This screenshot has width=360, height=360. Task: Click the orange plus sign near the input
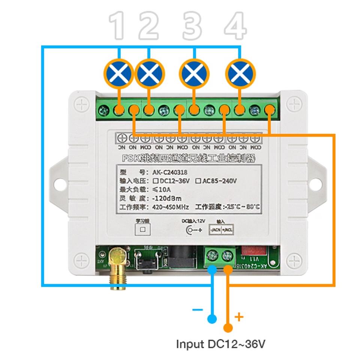[x=239, y=317]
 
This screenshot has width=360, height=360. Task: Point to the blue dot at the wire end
[x=212, y=319]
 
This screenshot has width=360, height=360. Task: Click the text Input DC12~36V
[x=220, y=344]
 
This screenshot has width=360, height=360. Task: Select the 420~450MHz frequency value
[x=171, y=207]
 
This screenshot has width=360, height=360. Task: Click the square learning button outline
[x=142, y=229]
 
